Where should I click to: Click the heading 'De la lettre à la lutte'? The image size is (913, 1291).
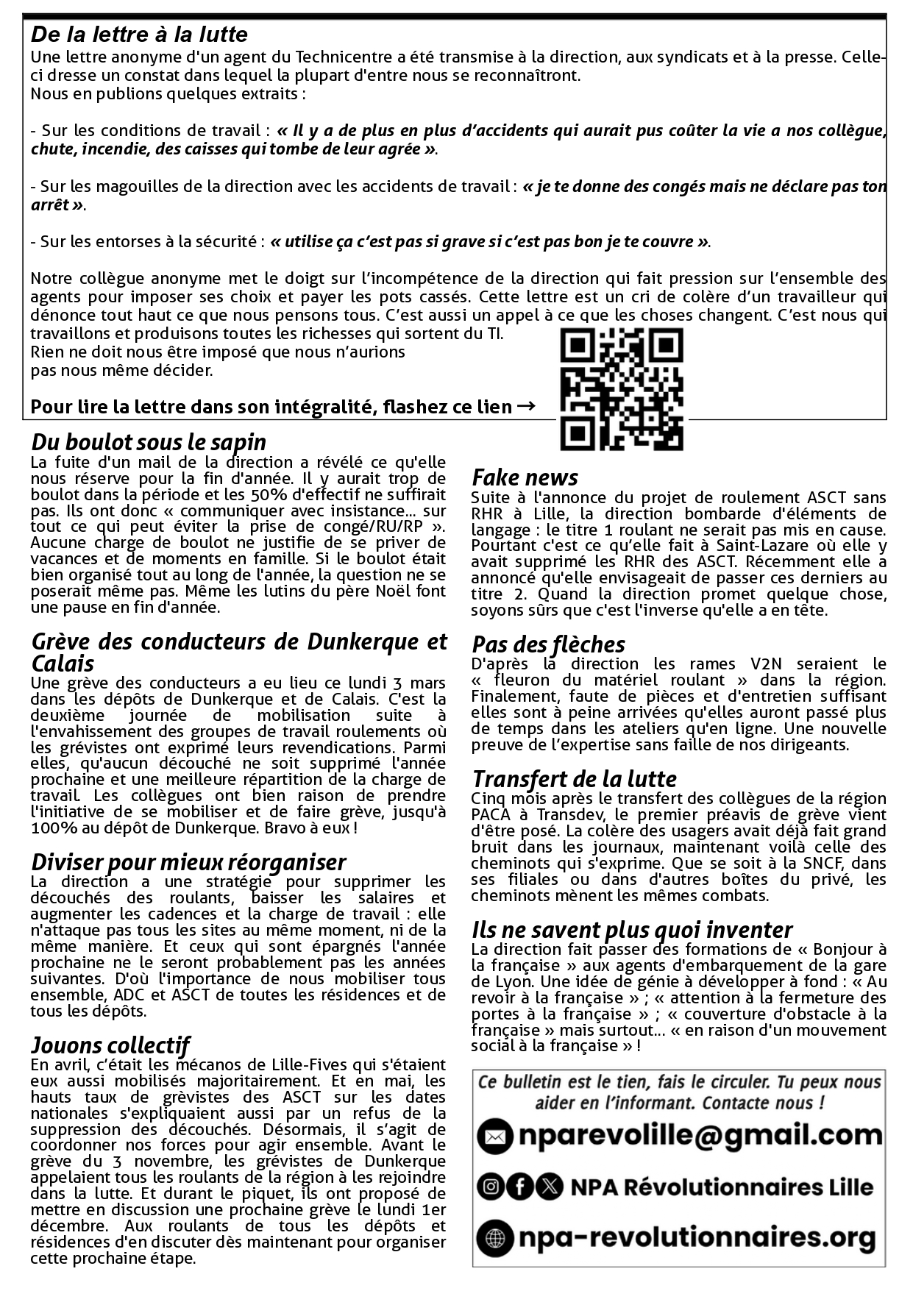(139, 35)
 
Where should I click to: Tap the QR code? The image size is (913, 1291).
(622, 388)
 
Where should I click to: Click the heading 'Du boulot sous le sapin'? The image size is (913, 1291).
(149, 442)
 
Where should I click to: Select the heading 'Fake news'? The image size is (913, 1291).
(525, 477)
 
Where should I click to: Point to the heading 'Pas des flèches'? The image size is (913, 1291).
(548, 645)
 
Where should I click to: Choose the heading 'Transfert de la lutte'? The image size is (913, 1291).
(574, 779)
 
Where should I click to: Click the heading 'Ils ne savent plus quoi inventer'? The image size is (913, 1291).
(632, 931)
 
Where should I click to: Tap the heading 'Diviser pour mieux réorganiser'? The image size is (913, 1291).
(188, 862)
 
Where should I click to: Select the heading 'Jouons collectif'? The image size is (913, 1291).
(110, 1045)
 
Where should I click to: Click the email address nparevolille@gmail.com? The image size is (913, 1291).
(700, 1136)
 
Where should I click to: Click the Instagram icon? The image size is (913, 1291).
(490, 1186)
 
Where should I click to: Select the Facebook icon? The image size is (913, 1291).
(519, 1186)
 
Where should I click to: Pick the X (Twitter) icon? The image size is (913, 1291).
(549, 1186)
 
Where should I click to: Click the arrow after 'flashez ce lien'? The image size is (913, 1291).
(526, 406)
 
